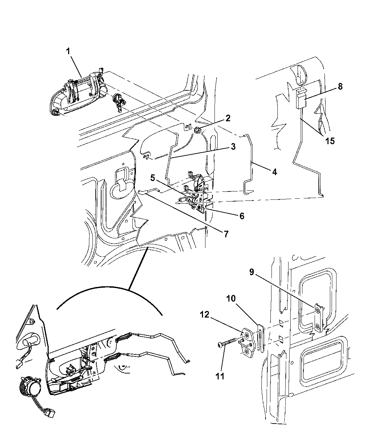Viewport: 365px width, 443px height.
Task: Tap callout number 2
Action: (228, 118)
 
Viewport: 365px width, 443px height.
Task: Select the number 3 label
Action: (233, 147)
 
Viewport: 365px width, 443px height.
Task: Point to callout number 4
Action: (275, 172)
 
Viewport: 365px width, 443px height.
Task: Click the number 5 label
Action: (153, 178)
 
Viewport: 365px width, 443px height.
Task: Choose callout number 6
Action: (242, 216)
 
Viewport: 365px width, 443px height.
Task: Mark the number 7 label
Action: (226, 234)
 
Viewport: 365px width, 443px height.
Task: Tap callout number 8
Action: (340, 87)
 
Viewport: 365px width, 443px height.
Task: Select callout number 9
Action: (252, 272)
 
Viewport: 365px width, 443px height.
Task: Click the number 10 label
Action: (231, 298)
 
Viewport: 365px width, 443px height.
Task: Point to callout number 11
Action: (220, 377)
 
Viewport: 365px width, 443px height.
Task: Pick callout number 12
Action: (205, 315)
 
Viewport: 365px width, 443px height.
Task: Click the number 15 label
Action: (330, 141)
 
